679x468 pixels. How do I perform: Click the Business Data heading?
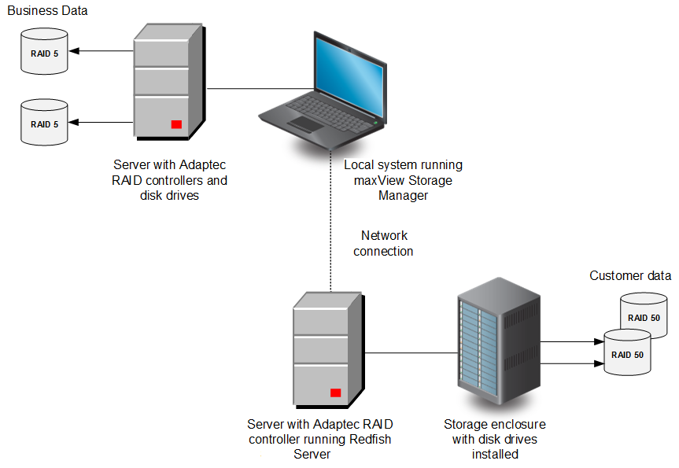(47, 11)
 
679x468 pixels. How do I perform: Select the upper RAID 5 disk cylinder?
(45, 53)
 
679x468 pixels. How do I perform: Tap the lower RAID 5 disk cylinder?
(45, 123)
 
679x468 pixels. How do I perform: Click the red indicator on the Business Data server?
(176, 124)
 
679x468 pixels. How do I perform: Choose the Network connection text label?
(383, 243)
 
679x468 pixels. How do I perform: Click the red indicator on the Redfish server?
(336, 392)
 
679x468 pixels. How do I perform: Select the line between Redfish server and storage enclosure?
(409, 353)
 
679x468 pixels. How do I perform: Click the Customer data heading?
(630, 275)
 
